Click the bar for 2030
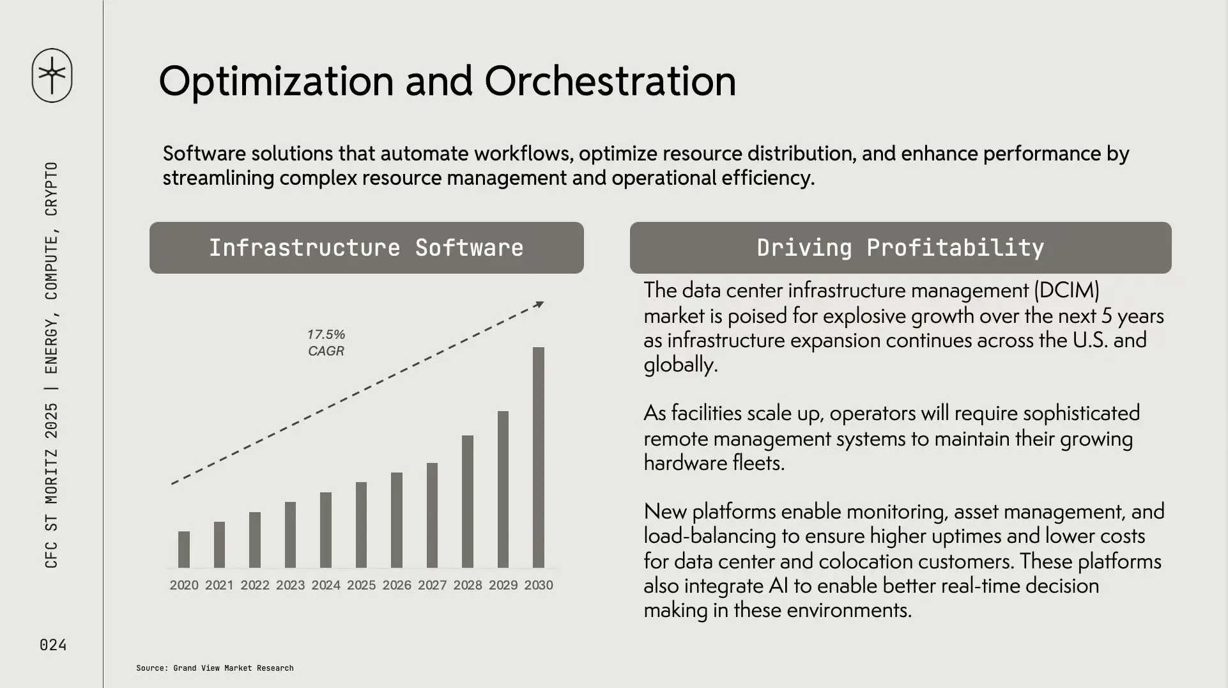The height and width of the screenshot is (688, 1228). click(539, 457)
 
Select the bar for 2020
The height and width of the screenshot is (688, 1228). click(184, 549)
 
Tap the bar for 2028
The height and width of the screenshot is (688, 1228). click(468, 501)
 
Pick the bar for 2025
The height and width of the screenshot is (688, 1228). click(361, 525)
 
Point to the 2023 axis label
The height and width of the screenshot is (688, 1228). click(290, 585)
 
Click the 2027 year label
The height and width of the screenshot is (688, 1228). click(432, 585)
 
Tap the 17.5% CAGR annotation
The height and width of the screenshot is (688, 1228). click(326, 343)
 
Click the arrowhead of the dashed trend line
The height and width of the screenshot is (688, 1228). click(540, 304)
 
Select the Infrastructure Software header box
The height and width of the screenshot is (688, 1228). click(367, 248)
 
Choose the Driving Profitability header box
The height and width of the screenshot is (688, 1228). click(901, 248)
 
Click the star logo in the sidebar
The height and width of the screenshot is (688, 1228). click(52, 75)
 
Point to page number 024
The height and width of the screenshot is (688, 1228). click(53, 645)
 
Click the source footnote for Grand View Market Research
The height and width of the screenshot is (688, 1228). click(215, 668)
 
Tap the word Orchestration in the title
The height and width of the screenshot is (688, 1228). click(610, 81)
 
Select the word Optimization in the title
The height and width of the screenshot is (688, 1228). click(276, 82)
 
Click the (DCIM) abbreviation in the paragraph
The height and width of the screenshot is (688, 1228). click(1066, 290)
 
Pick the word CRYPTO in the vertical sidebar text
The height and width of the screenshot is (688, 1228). click(51, 189)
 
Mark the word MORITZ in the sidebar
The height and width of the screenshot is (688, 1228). click(51, 476)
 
